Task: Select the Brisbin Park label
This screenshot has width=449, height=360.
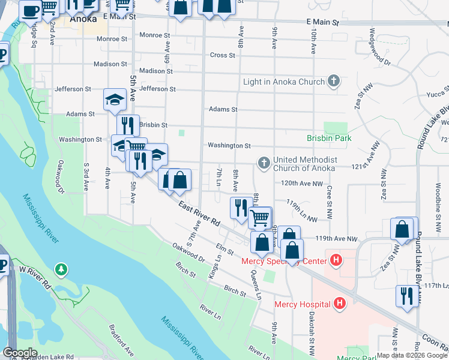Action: click(x=329, y=138)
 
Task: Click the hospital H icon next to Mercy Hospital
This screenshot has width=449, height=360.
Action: click(x=340, y=303)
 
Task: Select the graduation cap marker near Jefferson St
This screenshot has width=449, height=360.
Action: click(x=115, y=100)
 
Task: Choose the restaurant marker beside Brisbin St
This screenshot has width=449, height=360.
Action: click(x=127, y=125)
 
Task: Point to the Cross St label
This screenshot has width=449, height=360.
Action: click(x=222, y=55)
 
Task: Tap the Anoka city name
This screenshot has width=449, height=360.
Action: click(x=83, y=19)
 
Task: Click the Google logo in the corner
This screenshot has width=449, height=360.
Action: click(x=20, y=353)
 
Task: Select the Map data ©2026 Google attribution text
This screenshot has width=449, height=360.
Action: click(x=412, y=355)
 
